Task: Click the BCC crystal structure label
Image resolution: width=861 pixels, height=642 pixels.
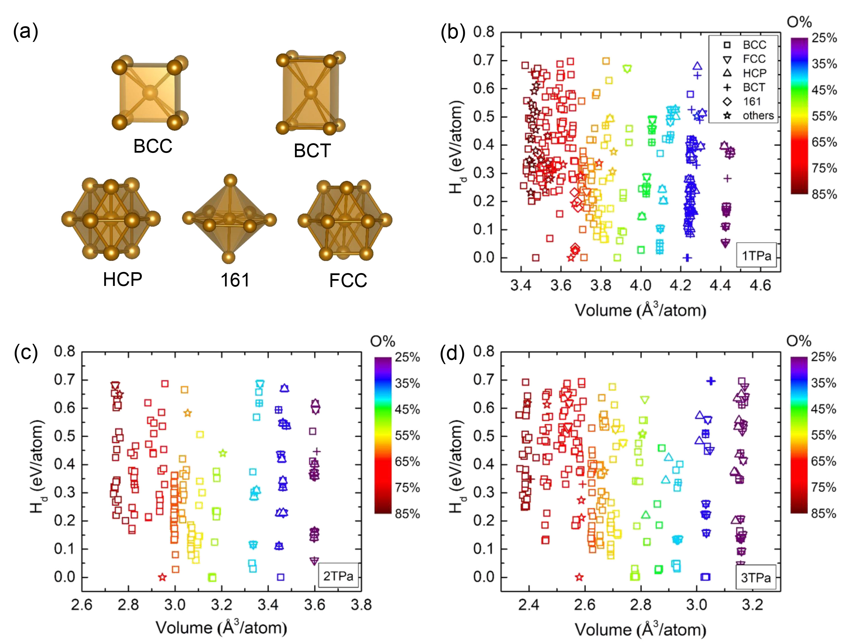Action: coord(153,146)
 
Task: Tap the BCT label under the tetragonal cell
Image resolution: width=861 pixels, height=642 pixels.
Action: coord(312,151)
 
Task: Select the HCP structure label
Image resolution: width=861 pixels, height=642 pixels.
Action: coord(122,279)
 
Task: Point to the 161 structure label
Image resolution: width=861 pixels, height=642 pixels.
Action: coord(235,280)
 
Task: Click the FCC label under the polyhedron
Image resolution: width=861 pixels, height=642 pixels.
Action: coord(348,280)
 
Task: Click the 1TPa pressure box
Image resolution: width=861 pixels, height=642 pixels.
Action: coord(756,256)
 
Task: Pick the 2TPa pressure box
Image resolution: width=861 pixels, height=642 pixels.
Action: coord(338,576)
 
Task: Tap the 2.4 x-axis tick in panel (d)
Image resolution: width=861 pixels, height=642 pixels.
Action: coord(529,605)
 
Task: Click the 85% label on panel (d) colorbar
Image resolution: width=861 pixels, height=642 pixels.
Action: coord(824,513)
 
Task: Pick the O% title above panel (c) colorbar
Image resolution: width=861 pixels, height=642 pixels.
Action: coord(382,341)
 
